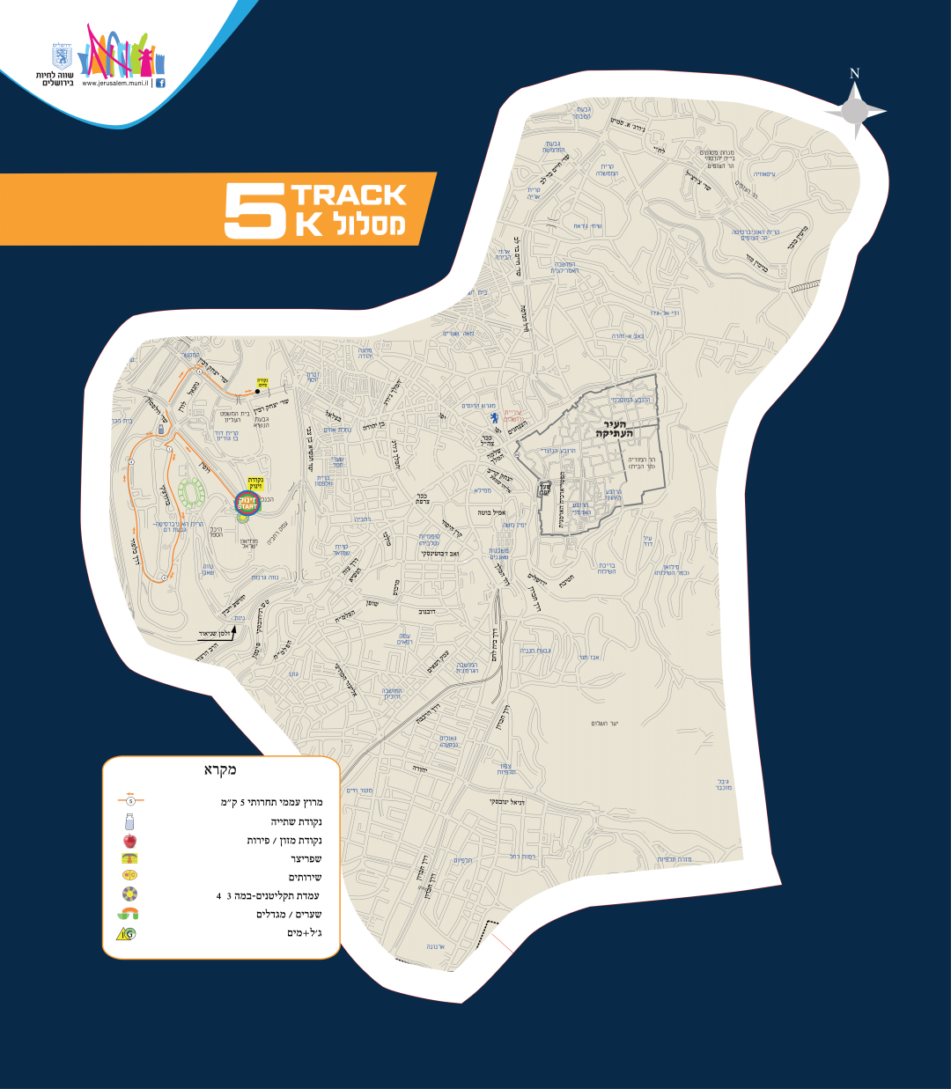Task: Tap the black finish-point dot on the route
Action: pyautogui.click(x=257, y=391)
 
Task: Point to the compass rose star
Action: pyautogui.click(x=854, y=111)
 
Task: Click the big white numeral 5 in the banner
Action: pyautogui.click(x=254, y=210)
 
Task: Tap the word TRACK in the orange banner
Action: pyautogui.click(x=349, y=195)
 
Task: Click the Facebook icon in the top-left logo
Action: pyautogui.click(x=161, y=83)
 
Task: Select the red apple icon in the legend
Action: pyautogui.click(x=130, y=841)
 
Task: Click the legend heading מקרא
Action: pyautogui.click(x=220, y=770)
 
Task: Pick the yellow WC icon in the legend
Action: pyautogui.click(x=130, y=876)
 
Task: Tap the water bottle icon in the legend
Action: pyautogui.click(x=130, y=821)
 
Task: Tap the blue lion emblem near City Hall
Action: pyautogui.click(x=494, y=416)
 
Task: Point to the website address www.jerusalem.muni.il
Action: pyautogui.click(x=115, y=83)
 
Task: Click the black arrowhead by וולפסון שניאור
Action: pyautogui.click(x=235, y=629)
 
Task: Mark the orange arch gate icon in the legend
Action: pyautogui.click(x=129, y=913)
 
